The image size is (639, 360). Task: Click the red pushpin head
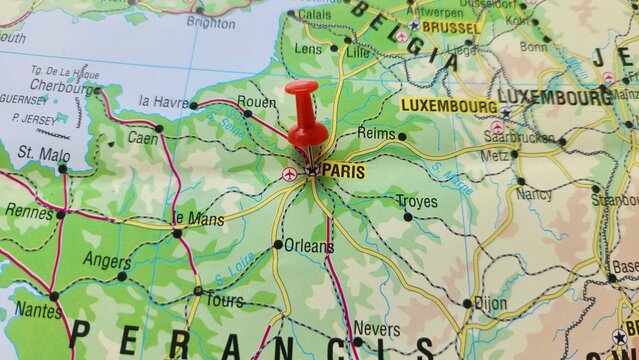coord(301,93)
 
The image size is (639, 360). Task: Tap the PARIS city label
coord(343,171)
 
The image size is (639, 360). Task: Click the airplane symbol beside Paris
coord(290,174)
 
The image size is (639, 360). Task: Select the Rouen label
coord(257,101)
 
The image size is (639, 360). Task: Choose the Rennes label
coord(29,211)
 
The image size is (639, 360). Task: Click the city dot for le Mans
coord(177,233)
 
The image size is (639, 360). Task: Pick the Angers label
coord(106,261)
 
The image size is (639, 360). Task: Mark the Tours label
coord(224,300)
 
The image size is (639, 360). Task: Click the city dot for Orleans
coord(278,244)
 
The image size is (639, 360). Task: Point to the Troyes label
coord(416,201)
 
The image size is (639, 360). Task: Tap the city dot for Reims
coord(402,136)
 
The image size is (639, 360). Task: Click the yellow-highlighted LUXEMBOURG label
coord(449,105)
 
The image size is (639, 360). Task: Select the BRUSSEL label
coord(450,27)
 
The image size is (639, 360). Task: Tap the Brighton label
coord(210,22)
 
